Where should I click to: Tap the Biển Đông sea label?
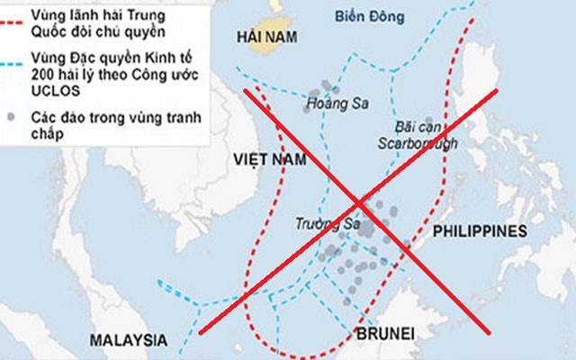click(369, 14)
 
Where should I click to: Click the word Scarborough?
click(420, 142)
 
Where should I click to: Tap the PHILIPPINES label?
click(478, 230)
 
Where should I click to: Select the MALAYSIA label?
click(129, 340)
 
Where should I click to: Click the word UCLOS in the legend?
click(52, 93)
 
